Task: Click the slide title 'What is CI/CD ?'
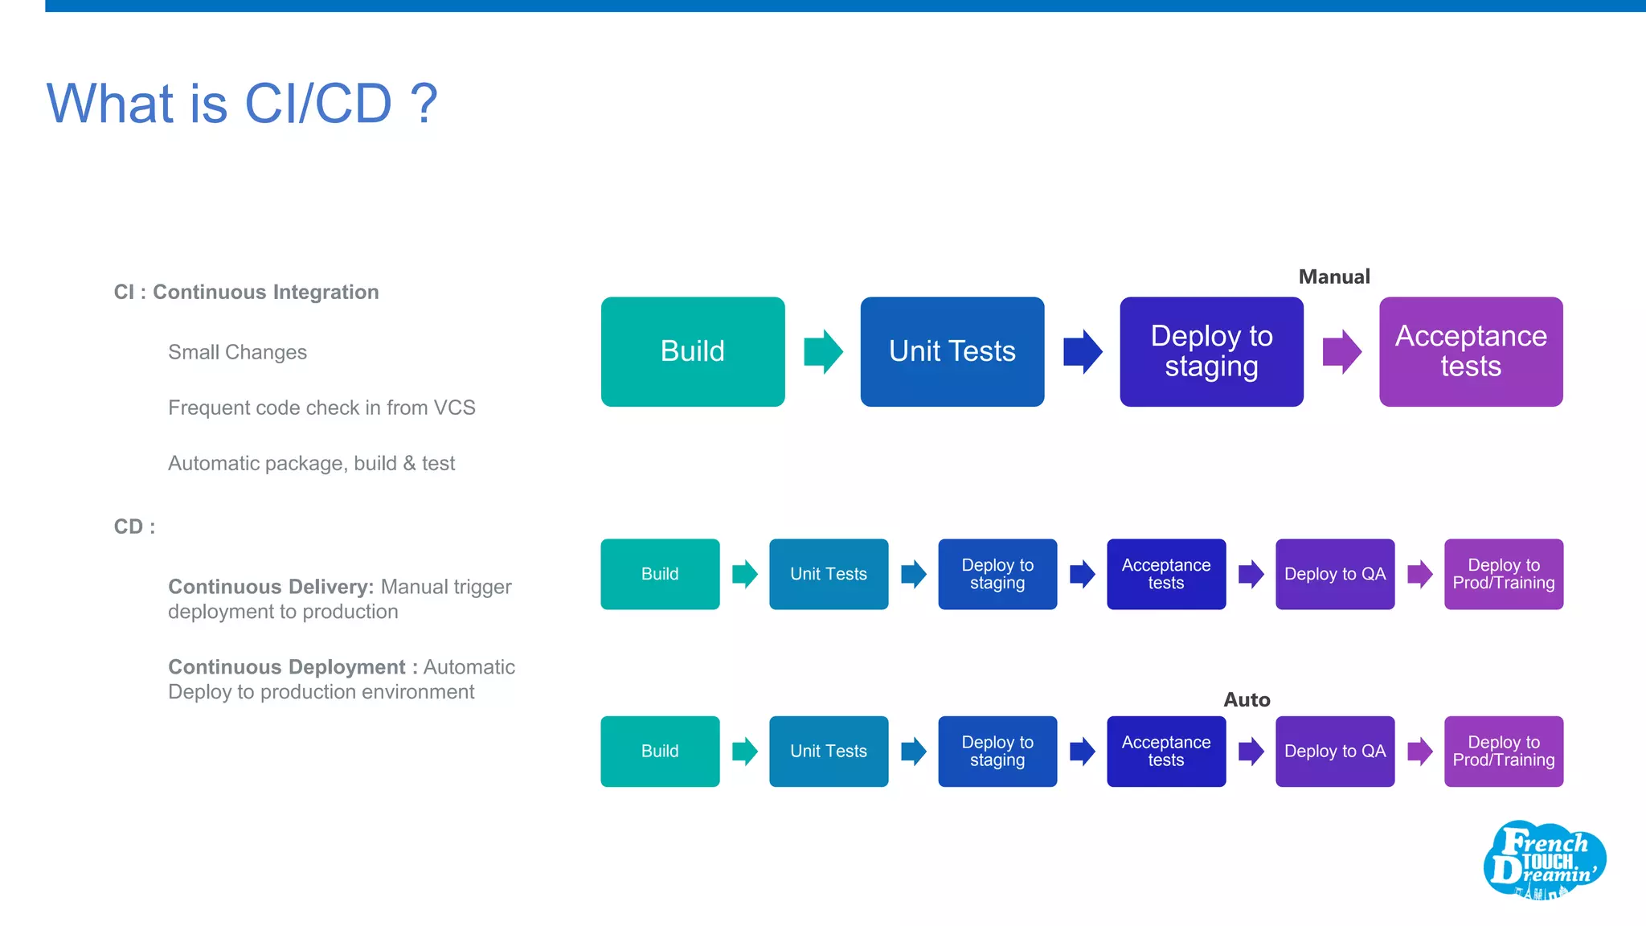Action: tap(242, 104)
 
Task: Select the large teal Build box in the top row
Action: tap(692, 351)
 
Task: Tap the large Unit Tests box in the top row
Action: tap(952, 351)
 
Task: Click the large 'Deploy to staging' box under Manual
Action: tap(1211, 351)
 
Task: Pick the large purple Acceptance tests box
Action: tap(1470, 351)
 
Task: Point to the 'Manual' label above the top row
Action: tap(1333, 277)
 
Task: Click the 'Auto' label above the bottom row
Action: tap(1246, 699)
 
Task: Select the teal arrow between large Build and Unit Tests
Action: tap(823, 351)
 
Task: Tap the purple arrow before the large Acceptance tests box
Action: tap(1341, 351)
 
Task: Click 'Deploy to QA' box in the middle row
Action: tap(1334, 574)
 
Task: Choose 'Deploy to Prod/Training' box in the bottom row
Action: tap(1503, 751)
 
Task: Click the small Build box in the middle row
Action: tap(660, 574)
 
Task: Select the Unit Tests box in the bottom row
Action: tap(829, 751)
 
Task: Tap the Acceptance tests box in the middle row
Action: tap(1165, 574)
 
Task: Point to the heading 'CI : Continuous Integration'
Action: tap(246, 292)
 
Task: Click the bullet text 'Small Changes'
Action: tap(237, 352)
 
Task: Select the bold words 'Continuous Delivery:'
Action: tap(271, 587)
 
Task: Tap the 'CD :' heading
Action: tap(134, 527)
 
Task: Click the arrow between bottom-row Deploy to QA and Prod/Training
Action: tap(1419, 751)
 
